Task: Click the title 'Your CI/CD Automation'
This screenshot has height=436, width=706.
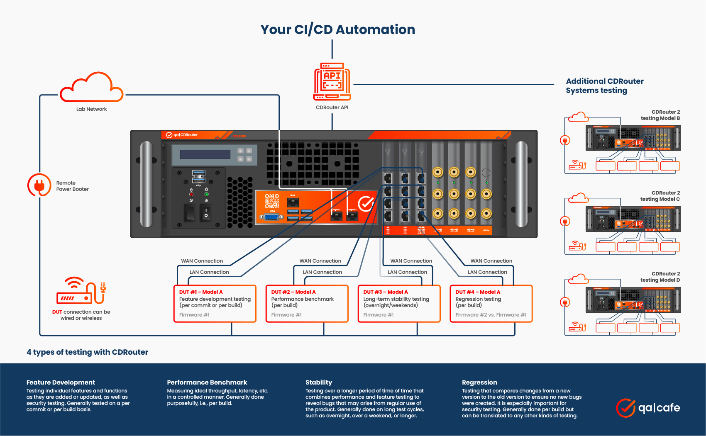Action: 337,29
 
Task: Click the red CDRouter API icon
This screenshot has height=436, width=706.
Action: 332,81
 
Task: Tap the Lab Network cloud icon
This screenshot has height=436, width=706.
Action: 91,88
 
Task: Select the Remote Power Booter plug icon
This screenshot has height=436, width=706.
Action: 39,185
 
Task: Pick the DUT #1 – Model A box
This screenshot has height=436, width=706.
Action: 215,303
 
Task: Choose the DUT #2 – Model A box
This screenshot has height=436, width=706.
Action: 307,303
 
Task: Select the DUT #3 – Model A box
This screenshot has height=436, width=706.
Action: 399,303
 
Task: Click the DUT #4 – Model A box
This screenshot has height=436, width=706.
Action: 491,303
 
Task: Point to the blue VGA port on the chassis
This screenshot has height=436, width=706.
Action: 271,217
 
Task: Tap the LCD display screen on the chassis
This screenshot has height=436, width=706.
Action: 205,155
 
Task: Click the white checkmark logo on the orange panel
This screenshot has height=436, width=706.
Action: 366,203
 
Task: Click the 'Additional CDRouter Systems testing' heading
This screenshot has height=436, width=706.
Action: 604,86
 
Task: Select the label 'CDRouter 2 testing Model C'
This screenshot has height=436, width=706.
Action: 660,196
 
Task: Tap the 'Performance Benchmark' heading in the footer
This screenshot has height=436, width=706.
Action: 207,382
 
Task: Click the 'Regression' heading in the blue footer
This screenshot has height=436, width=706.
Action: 479,382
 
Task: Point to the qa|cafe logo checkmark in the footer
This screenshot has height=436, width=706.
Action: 625,408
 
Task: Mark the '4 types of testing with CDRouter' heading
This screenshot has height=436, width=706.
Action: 87,352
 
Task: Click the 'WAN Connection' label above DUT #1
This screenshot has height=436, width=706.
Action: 202,261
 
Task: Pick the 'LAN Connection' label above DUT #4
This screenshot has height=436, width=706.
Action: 487,272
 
